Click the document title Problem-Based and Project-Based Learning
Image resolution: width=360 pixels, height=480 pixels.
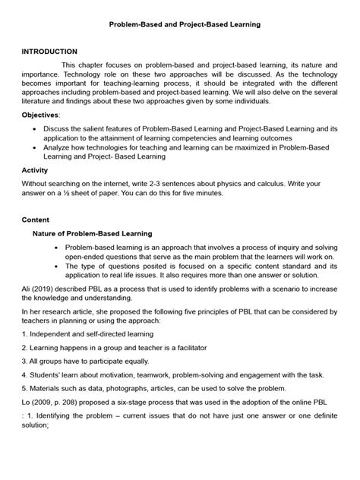tap(179, 24)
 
